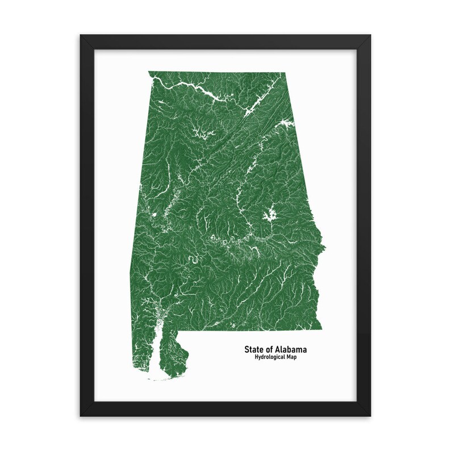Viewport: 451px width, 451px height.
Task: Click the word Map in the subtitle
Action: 293,357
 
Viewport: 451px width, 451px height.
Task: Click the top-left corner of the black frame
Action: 81,36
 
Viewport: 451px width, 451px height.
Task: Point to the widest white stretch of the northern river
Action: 206,92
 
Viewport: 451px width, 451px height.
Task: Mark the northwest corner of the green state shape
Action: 149,72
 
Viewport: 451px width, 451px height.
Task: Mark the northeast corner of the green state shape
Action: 282,73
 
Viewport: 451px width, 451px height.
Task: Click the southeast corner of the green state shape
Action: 321,328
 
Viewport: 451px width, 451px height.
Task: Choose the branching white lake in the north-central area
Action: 202,134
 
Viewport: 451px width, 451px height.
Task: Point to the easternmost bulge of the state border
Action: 324,248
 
